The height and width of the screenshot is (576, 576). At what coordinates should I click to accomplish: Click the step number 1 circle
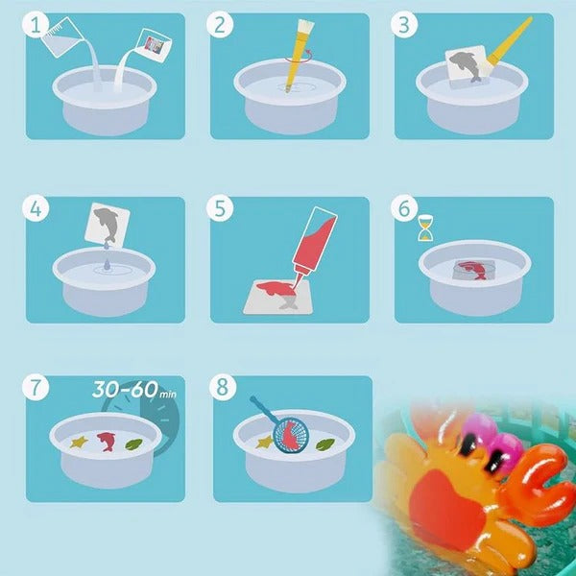click(37, 26)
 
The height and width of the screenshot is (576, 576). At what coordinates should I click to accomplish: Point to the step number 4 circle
click(37, 209)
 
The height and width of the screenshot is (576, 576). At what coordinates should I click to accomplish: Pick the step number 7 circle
click(37, 388)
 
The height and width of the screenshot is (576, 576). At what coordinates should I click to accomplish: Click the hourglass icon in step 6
click(423, 231)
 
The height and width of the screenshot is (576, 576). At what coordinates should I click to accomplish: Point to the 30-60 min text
click(135, 391)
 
